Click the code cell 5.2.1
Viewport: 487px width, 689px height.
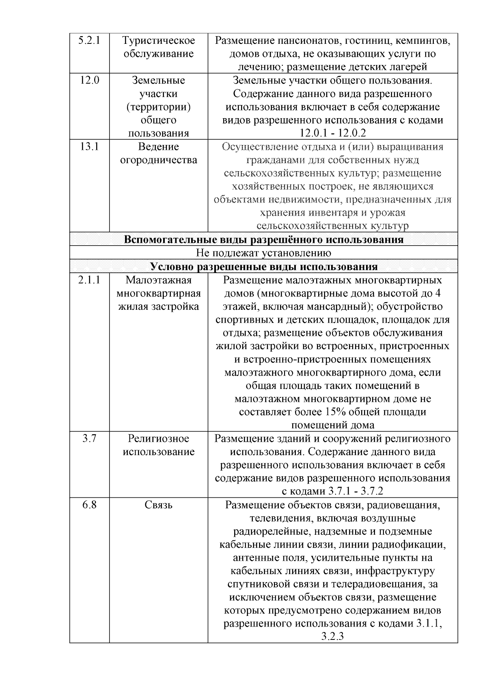pyautogui.click(x=89, y=41)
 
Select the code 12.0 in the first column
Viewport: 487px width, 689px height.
pyautogui.click(x=89, y=80)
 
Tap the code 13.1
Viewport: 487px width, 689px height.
pyautogui.click(x=89, y=147)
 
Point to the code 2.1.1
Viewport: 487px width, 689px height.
pyautogui.click(x=89, y=280)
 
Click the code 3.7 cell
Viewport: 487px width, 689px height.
pyautogui.click(x=89, y=438)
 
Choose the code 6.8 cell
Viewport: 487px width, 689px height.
pyautogui.click(x=89, y=505)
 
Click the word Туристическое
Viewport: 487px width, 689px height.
pyautogui.click(x=159, y=41)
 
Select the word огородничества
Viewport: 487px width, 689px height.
pyautogui.click(x=159, y=160)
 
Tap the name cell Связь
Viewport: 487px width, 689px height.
pyautogui.click(x=159, y=505)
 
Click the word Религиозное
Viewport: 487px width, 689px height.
pyautogui.click(x=159, y=438)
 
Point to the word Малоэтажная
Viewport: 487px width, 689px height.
pyautogui.click(x=159, y=280)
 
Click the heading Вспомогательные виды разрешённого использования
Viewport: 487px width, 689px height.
pyautogui.click(x=264, y=240)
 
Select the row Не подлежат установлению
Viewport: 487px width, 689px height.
pyautogui.click(x=264, y=253)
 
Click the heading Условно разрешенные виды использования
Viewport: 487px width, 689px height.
pyautogui.click(x=264, y=267)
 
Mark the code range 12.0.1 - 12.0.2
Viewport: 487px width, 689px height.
pyautogui.click(x=333, y=134)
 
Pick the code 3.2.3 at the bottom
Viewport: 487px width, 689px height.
pyautogui.click(x=333, y=637)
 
